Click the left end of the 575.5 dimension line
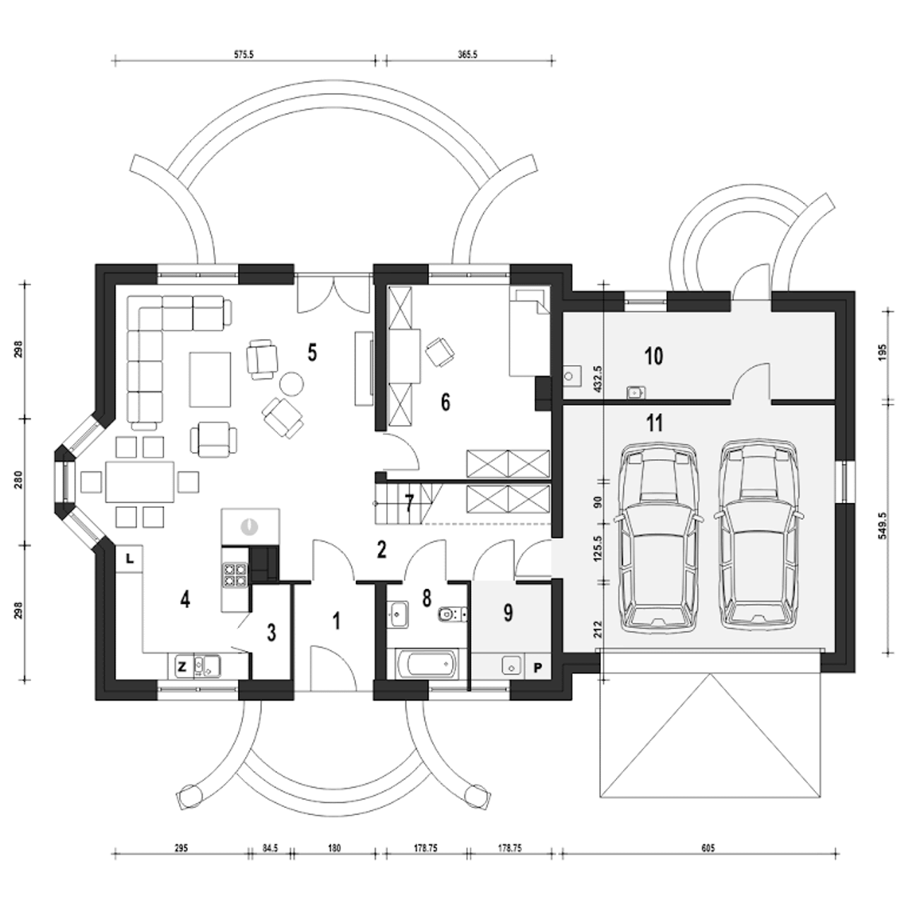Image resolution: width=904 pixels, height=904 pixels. click(114, 60)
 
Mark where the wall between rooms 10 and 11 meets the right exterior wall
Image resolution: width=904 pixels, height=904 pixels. click(835, 403)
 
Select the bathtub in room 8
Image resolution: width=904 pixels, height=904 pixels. click(426, 664)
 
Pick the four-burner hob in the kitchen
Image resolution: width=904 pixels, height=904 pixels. click(234, 575)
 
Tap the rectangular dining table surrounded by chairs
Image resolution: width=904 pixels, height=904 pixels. click(140, 482)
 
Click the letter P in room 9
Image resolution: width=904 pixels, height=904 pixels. click(537, 667)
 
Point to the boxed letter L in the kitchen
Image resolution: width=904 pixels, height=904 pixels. click(129, 558)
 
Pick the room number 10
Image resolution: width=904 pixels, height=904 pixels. click(654, 356)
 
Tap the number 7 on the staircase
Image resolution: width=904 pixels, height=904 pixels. click(409, 504)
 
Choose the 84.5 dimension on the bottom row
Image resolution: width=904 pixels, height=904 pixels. click(270, 847)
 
